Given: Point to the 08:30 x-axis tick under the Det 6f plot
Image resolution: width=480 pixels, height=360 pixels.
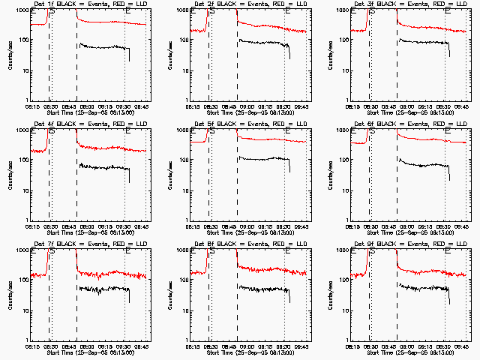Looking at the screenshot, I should pos(370,227).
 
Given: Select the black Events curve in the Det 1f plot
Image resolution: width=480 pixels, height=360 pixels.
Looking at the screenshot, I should pos(105,47).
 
